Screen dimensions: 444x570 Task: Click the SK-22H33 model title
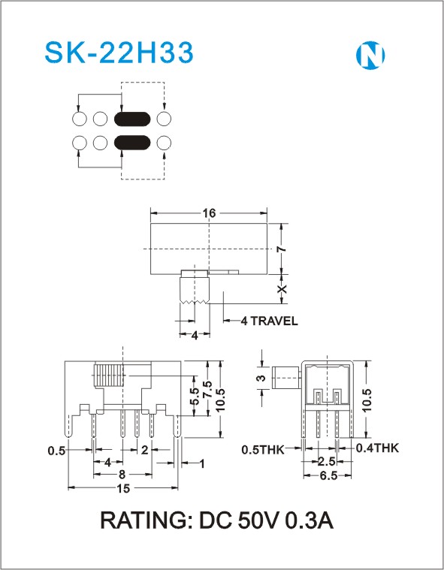pyautogui.click(x=119, y=53)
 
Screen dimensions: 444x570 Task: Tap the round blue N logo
pyautogui.click(x=370, y=56)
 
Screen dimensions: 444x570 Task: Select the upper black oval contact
pyautogui.click(x=132, y=119)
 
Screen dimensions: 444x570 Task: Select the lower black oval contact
pyautogui.click(x=132, y=143)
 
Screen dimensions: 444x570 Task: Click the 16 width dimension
pyautogui.click(x=209, y=213)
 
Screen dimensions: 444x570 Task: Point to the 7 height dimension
pyautogui.click(x=282, y=249)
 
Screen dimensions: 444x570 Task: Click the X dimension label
pyautogui.click(x=282, y=289)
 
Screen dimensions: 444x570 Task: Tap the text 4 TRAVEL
pyautogui.click(x=270, y=321)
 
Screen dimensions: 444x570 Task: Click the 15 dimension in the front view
pyautogui.click(x=123, y=489)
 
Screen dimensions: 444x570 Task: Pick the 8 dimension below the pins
pyautogui.click(x=122, y=475)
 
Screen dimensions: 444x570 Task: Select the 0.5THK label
pyautogui.click(x=262, y=450)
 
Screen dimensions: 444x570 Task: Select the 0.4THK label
pyautogui.click(x=377, y=448)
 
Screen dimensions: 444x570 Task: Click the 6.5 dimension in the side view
pyautogui.click(x=328, y=475)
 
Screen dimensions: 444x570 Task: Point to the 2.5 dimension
pyautogui.click(x=326, y=461)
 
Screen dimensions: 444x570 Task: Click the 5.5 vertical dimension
pyautogui.click(x=195, y=397)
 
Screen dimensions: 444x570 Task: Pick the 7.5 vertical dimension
pyautogui.click(x=207, y=390)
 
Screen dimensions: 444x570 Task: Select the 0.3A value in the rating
pyautogui.click(x=309, y=520)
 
